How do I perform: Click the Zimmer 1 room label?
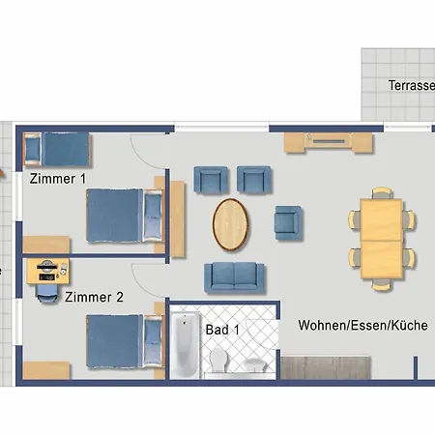click(57, 178)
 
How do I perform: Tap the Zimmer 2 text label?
click(94, 297)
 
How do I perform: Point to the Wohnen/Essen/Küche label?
click(362, 326)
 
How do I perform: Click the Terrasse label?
click(411, 85)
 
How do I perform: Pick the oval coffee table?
click(231, 223)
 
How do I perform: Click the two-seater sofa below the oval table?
click(232, 277)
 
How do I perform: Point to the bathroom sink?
click(254, 364)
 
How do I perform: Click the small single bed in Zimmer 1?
click(55, 149)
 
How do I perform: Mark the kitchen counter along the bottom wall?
click(329, 367)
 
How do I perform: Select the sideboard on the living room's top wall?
click(327, 143)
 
